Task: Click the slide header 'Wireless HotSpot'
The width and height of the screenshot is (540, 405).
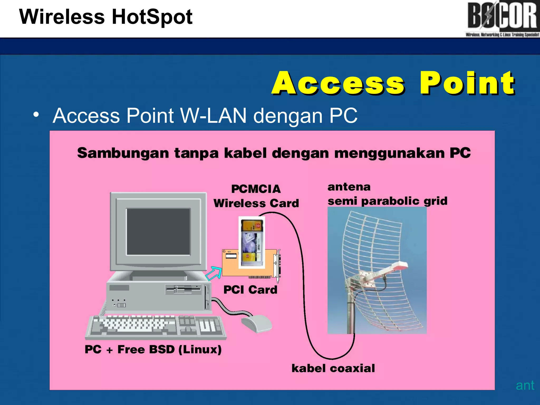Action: (106, 17)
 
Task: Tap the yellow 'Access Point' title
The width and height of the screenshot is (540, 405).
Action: (393, 83)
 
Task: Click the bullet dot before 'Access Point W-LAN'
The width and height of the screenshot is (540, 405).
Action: (36, 115)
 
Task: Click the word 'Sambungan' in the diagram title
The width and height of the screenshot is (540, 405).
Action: (123, 153)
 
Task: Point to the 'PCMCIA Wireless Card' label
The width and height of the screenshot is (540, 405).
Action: (256, 196)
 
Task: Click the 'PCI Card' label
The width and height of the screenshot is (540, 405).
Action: (250, 290)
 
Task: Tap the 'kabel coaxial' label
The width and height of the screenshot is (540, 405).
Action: (333, 368)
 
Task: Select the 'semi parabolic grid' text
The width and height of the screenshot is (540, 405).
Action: (387, 201)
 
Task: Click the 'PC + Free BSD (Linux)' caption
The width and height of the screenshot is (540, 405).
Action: (153, 349)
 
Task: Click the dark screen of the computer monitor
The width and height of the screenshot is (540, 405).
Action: (158, 232)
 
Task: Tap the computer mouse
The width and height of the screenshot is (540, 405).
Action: (256, 323)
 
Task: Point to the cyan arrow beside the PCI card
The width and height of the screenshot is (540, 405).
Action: (214, 273)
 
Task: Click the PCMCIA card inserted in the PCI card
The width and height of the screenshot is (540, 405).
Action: (252, 243)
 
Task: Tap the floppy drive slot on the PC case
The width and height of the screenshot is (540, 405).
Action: (184, 289)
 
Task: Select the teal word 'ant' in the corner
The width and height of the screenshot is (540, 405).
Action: (525, 385)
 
